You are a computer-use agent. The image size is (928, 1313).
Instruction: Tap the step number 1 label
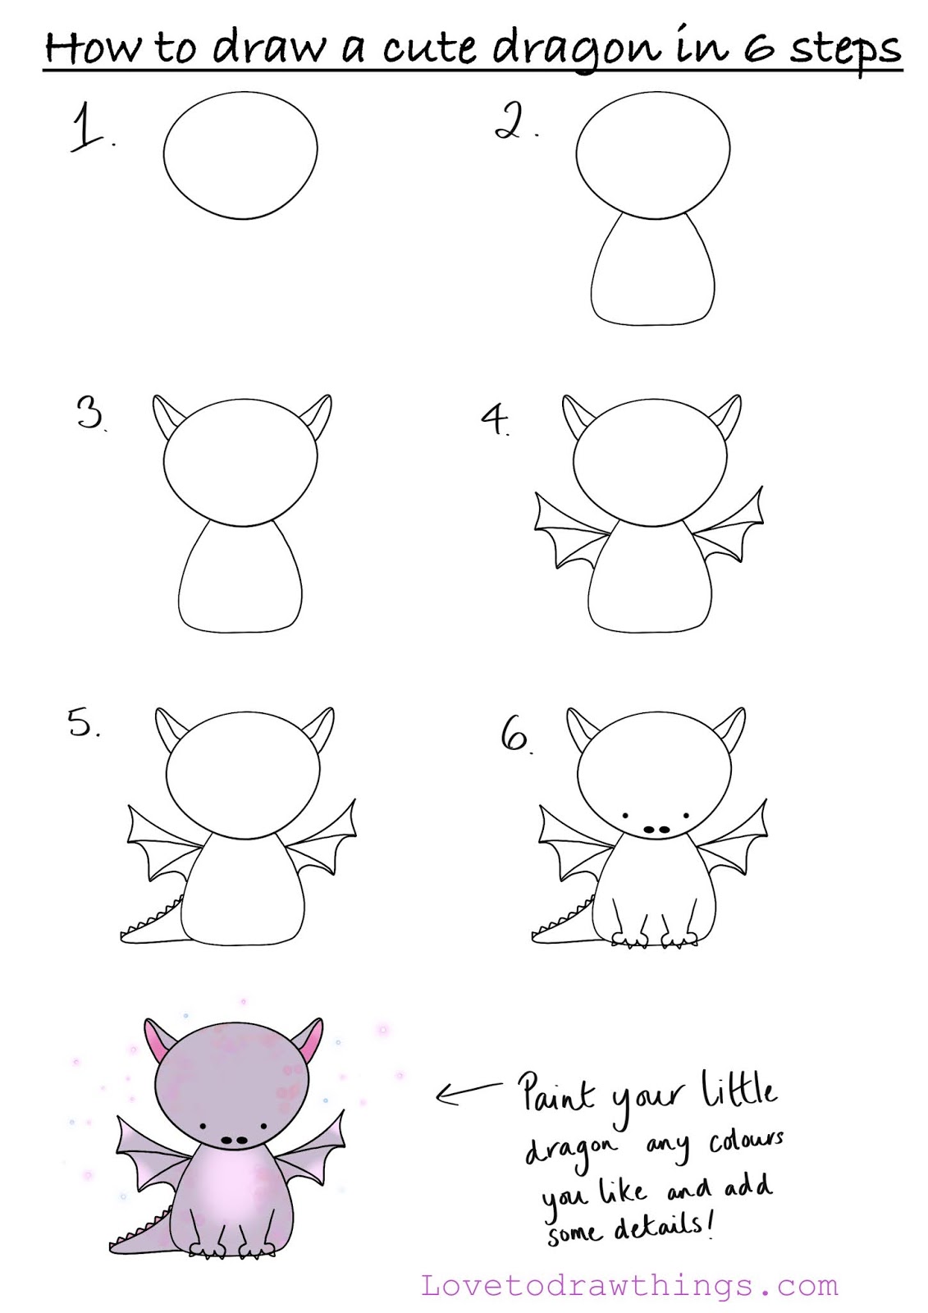[91, 127]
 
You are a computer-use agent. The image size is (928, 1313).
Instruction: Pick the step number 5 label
[83, 722]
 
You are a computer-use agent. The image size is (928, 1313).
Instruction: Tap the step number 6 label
[516, 735]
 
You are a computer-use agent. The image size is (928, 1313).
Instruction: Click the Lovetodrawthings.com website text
[629, 1287]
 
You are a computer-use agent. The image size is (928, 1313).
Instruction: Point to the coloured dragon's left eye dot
[203, 1127]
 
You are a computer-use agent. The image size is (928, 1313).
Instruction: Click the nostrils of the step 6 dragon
[656, 830]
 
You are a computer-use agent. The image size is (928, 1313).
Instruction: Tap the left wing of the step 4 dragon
[573, 529]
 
